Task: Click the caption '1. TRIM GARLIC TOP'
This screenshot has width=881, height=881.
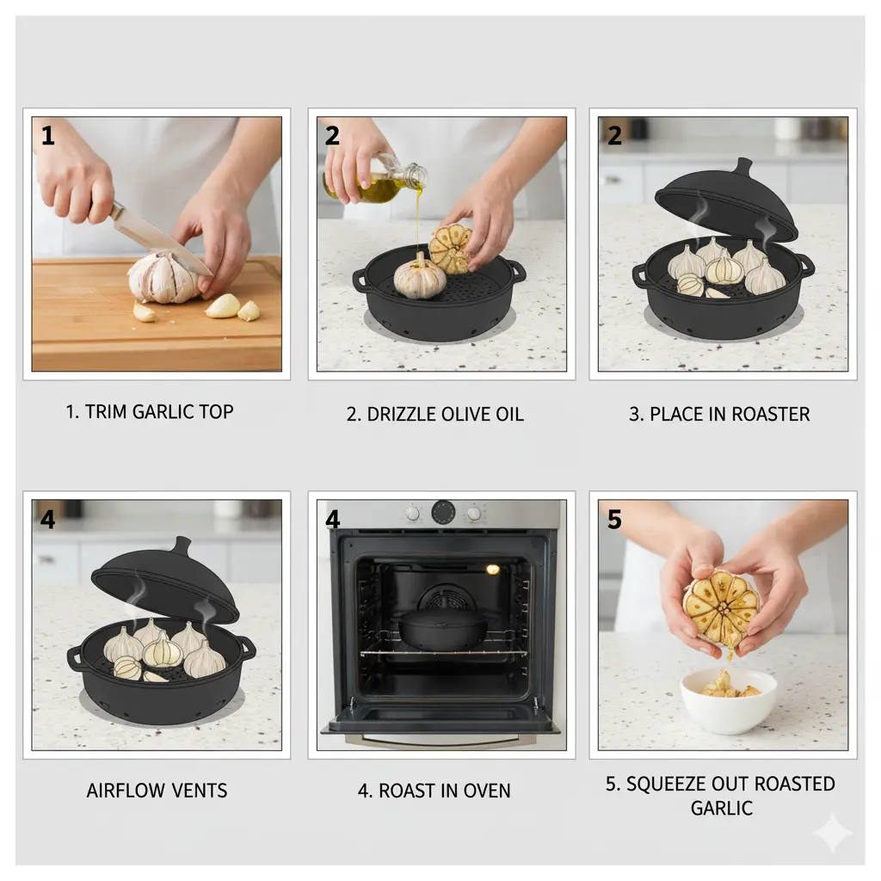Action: click(x=150, y=412)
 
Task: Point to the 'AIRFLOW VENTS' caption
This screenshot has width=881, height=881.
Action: click(x=157, y=791)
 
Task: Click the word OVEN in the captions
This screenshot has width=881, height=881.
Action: click(x=484, y=791)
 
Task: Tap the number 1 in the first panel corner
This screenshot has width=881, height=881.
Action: click(x=47, y=136)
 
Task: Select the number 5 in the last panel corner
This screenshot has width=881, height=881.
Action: click(x=614, y=520)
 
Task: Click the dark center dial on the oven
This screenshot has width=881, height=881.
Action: click(x=443, y=512)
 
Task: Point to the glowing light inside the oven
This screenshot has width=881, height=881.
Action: click(x=492, y=570)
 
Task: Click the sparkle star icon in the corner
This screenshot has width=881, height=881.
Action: click(x=832, y=833)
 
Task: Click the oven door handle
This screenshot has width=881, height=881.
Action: click(x=440, y=737)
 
